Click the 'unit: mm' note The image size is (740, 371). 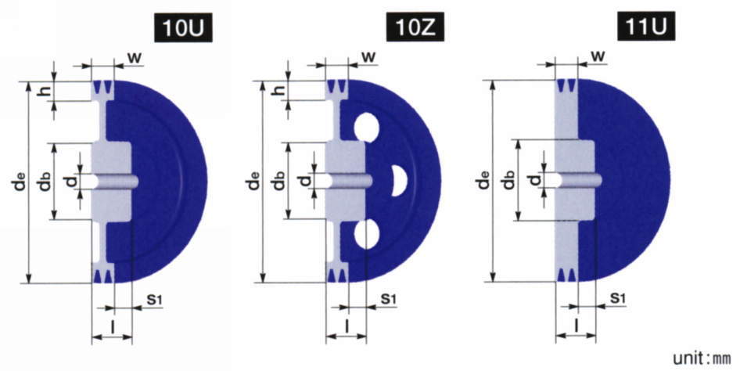point(702,358)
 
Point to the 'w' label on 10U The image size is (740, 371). point(135,58)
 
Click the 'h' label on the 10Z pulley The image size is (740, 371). point(279,90)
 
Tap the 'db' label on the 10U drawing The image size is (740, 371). point(45,181)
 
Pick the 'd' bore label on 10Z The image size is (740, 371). point(305,180)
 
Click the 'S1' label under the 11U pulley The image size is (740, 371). point(618,298)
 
